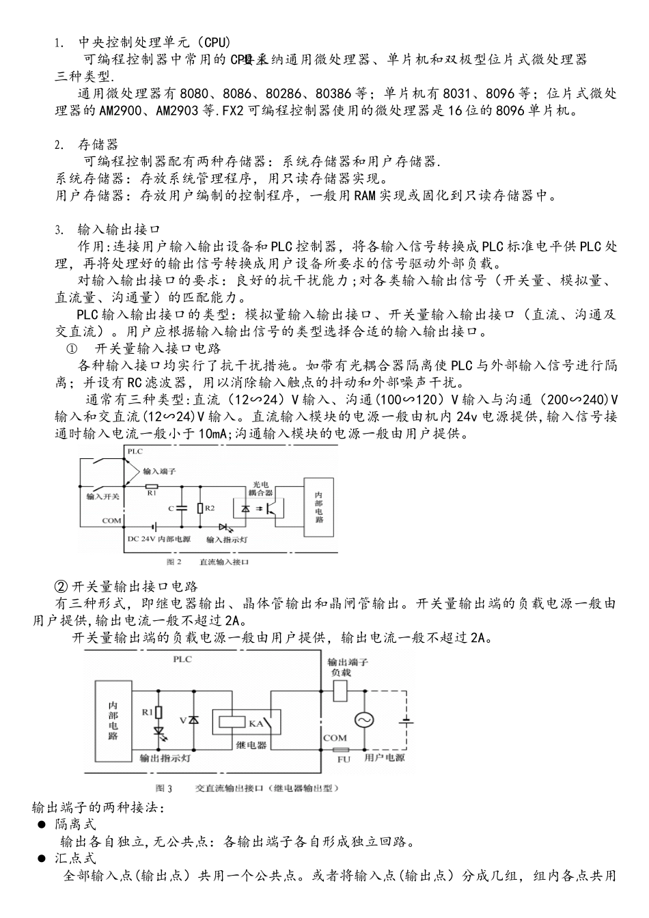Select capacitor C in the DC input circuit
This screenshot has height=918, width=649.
pyautogui.click(x=182, y=507)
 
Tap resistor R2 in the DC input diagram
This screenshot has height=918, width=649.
pyautogui.click(x=199, y=507)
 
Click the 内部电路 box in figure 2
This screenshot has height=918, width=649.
pyautogui.click(x=319, y=507)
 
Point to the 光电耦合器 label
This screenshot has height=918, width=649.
pyautogui.click(x=260, y=487)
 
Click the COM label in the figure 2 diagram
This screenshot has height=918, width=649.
pyautogui.click(x=111, y=520)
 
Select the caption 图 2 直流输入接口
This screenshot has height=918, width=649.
pyautogui.click(x=208, y=561)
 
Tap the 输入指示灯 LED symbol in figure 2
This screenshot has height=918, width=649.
pyautogui.click(x=225, y=527)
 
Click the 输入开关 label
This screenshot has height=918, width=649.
pyautogui.click(x=102, y=497)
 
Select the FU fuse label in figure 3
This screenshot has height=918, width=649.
pyautogui.click(x=344, y=759)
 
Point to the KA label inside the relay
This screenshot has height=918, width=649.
pyautogui.click(x=256, y=723)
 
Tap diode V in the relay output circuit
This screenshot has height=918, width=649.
pyautogui.click(x=194, y=720)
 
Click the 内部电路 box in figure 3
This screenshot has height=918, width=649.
pyautogui.click(x=113, y=720)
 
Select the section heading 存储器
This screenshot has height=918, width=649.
pyautogui.click(x=98, y=144)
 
